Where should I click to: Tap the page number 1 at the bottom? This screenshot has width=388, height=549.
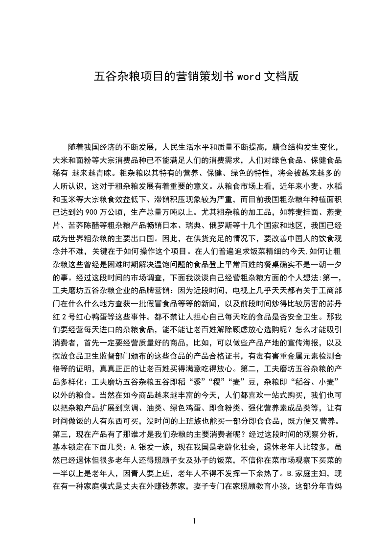coord(194,522)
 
